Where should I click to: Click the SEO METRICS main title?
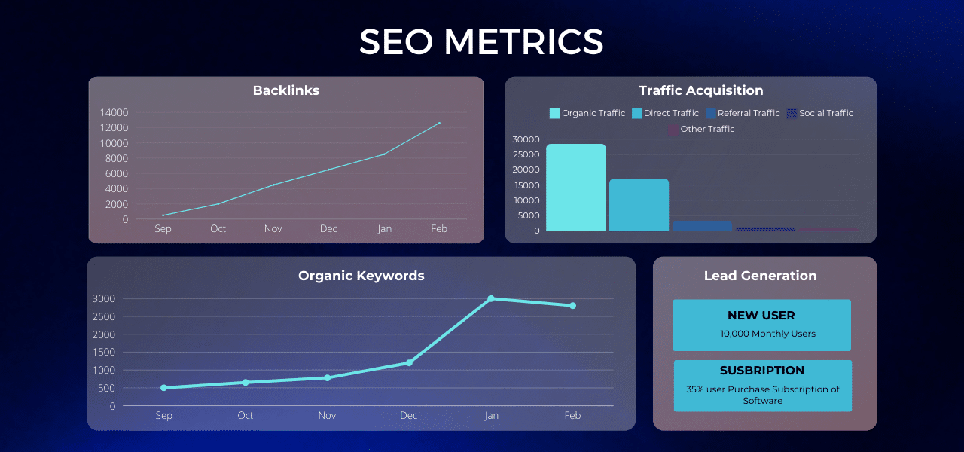point(481,42)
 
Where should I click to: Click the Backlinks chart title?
point(285,90)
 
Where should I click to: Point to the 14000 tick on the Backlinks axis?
point(114,112)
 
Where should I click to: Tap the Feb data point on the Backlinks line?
point(440,123)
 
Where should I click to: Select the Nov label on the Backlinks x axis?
point(273,228)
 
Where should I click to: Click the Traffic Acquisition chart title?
point(700,90)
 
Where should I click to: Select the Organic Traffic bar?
point(576,188)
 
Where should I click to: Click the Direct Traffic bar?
point(639,204)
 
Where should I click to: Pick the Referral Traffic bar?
point(702,225)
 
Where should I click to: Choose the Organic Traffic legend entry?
point(587,113)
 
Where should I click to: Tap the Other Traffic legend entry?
point(701,129)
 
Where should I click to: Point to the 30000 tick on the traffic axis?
point(526,139)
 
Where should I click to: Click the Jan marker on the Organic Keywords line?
point(491,299)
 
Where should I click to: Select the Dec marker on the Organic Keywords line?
point(409,362)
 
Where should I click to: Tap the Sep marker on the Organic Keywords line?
point(163,388)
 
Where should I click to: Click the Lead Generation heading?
point(760,276)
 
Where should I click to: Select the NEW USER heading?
point(761,316)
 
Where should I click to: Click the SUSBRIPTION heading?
point(762,371)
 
